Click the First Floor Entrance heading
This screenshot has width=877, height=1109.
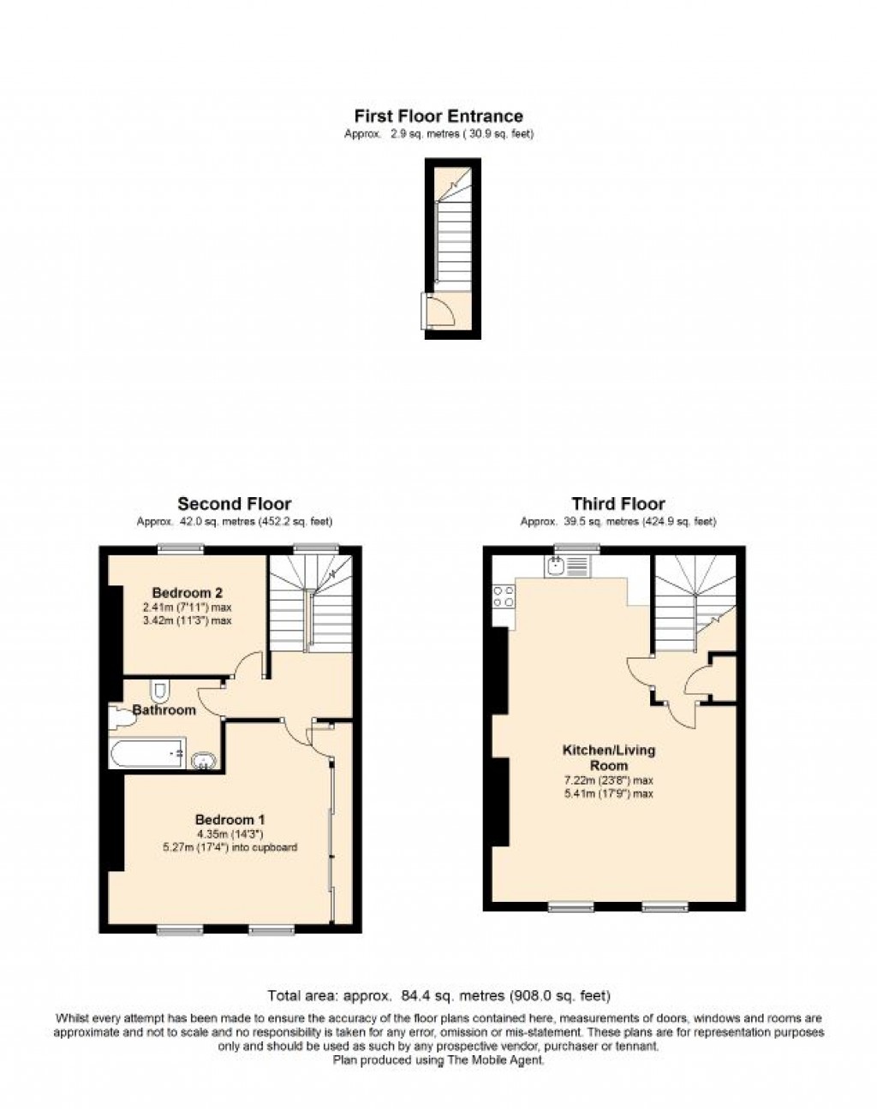tap(438, 116)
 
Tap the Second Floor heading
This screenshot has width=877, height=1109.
tap(234, 503)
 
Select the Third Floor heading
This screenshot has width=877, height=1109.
tap(618, 503)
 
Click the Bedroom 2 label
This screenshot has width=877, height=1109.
tap(188, 593)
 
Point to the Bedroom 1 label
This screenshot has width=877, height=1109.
tap(230, 820)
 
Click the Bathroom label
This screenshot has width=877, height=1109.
tap(164, 710)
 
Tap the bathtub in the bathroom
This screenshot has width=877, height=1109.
tap(147, 753)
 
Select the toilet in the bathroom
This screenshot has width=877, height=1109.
tap(159, 692)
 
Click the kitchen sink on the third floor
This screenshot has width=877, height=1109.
tap(568, 566)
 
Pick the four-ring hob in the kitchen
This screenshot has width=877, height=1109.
tap(504, 596)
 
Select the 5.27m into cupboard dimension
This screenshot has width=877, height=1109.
tap(230, 848)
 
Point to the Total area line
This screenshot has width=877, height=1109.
tap(438, 996)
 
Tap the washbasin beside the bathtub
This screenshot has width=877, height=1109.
tap(205, 761)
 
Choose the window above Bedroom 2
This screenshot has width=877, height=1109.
tap(181, 549)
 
